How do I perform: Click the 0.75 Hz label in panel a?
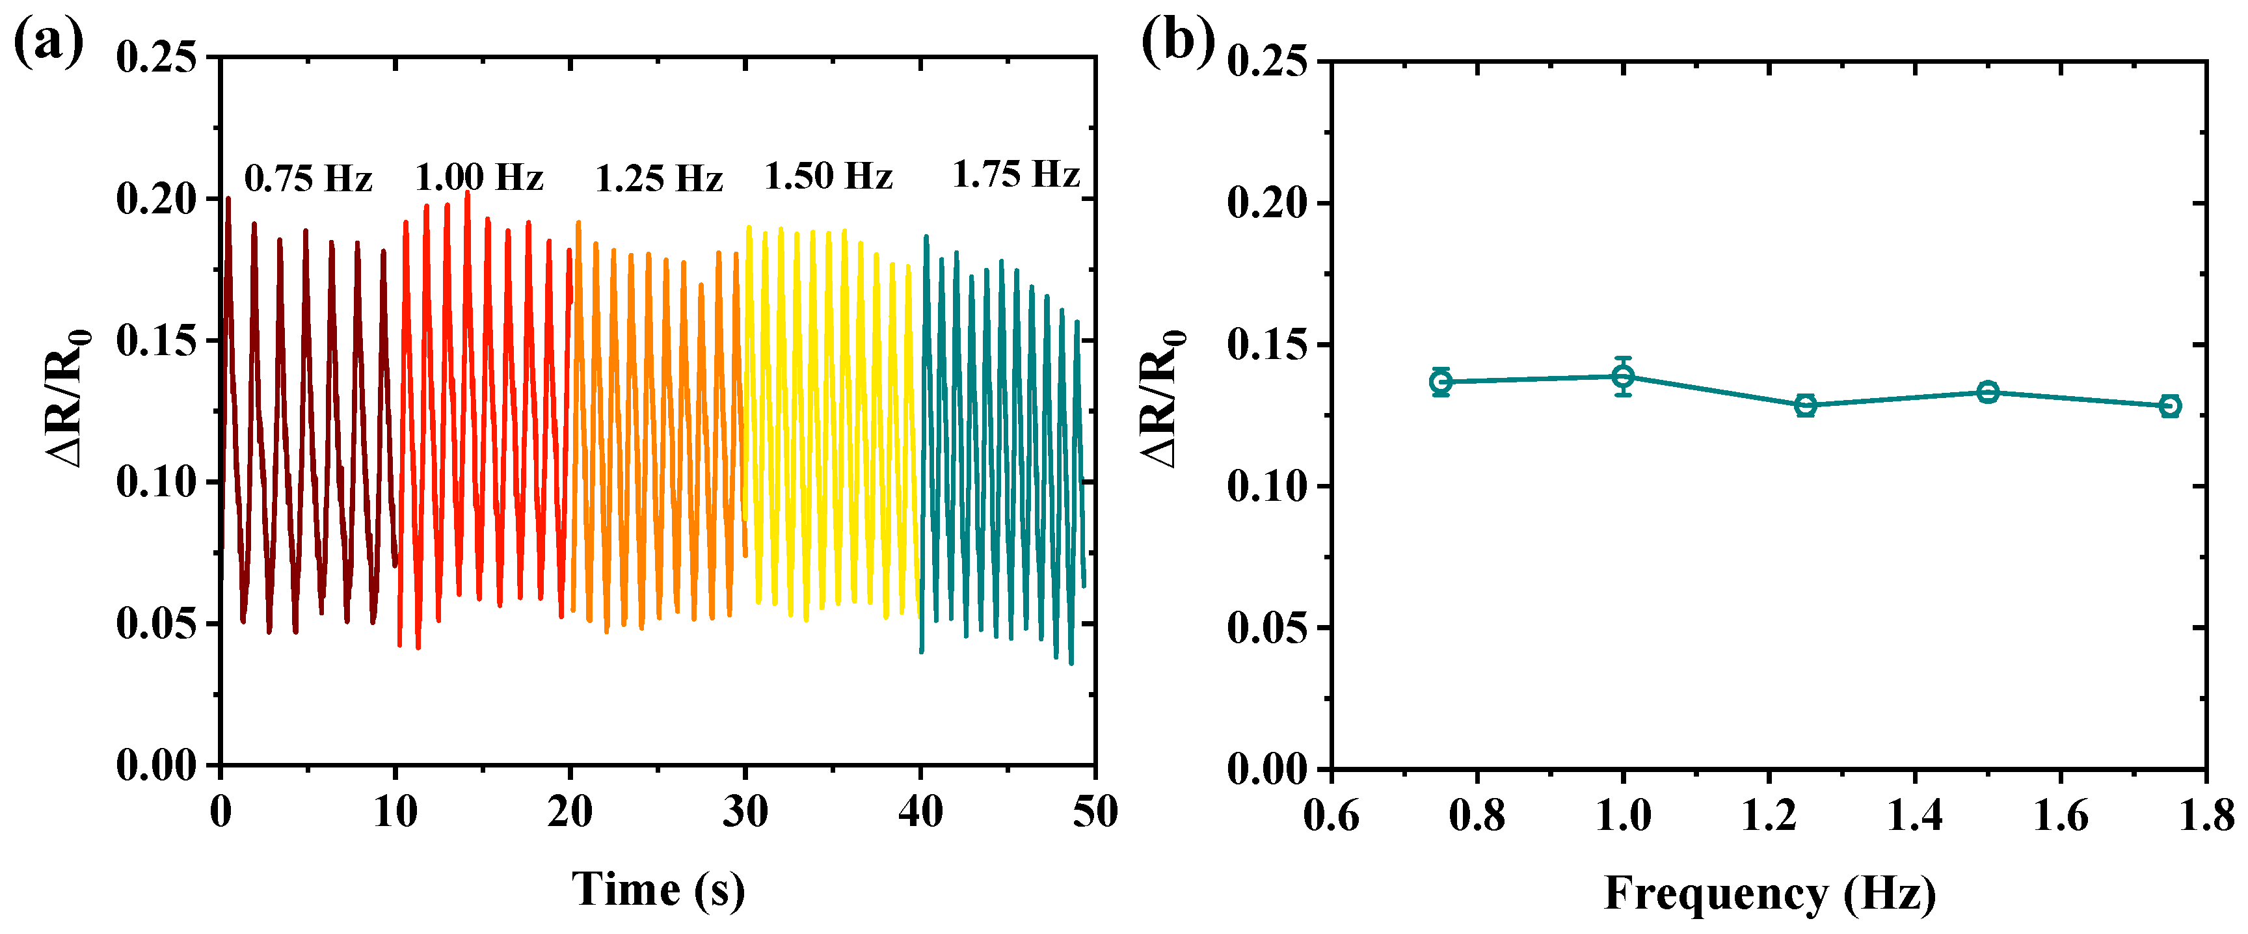(x=308, y=179)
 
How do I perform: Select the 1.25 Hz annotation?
(x=659, y=179)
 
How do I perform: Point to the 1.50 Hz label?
(x=828, y=176)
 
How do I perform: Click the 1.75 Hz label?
(x=1016, y=174)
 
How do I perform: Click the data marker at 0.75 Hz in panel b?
(x=1441, y=381)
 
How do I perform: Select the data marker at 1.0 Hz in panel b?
(x=1623, y=376)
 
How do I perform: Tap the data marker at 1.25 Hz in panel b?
(x=1806, y=405)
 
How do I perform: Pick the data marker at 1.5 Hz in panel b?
(x=1988, y=392)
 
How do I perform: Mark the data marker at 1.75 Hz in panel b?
(x=2171, y=406)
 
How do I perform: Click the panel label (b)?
(x=1178, y=42)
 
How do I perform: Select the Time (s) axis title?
(x=659, y=890)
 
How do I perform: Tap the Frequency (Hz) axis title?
(x=1770, y=894)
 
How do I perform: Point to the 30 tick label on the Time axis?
(x=745, y=812)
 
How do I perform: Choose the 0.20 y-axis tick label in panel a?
(x=157, y=199)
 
